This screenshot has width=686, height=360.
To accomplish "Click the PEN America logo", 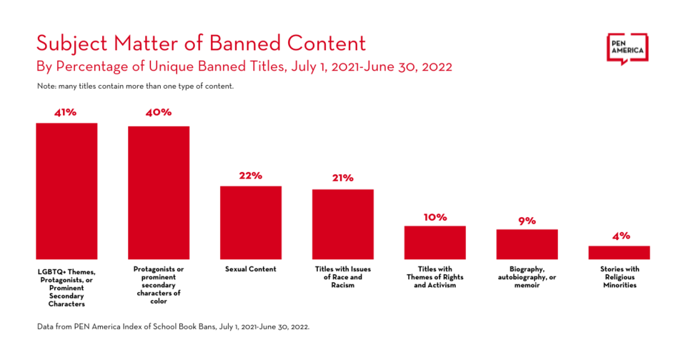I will [627, 49].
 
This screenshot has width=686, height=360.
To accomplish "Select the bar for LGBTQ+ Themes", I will [67, 191].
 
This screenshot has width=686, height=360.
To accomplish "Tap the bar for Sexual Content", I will [251, 222].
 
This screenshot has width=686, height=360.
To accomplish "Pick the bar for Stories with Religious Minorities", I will [619, 252].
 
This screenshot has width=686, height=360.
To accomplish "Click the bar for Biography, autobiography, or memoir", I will [527, 244].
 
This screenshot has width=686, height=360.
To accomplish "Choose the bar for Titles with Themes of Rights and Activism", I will [434, 242].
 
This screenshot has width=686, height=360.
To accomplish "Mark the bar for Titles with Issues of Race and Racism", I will [343, 224].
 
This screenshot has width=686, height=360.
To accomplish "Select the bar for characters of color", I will [159, 192].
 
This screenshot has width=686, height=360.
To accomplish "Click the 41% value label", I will [66, 112].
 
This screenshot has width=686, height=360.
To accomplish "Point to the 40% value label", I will [158, 112].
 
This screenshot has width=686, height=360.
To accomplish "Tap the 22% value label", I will [251, 176].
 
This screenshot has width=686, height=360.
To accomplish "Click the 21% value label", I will [342, 178].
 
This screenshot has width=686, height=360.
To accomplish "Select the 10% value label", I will [434, 216].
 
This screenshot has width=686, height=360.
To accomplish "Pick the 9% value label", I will [527, 221].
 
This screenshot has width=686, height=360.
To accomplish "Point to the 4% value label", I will [619, 236].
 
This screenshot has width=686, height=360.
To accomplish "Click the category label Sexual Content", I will [251, 269].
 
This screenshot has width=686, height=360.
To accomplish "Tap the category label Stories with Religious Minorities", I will [619, 277].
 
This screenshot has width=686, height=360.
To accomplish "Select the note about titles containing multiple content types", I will [136, 86].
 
